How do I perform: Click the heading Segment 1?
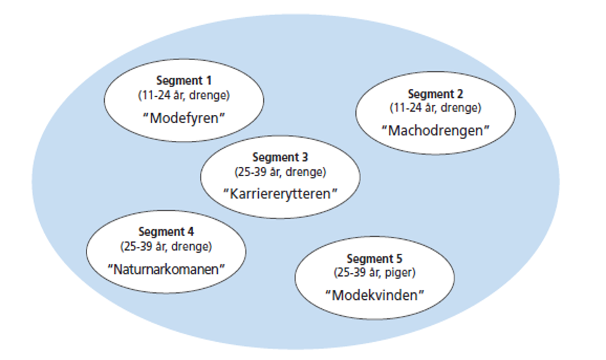point(184,81)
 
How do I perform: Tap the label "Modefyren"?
point(184,117)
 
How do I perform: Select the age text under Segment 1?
point(184,95)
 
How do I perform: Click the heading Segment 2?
point(436,94)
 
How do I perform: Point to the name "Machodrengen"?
point(436,131)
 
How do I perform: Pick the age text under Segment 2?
point(436,107)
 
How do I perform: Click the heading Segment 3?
point(280,157)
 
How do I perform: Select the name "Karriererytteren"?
point(280,193)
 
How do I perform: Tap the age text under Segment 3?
point(280,171)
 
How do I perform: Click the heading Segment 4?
point(166,232)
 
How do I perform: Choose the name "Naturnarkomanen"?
point(166,268)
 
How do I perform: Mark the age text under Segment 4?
point(166,246)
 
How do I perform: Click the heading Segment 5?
point(374,259)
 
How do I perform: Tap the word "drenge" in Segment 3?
point(309,171)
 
